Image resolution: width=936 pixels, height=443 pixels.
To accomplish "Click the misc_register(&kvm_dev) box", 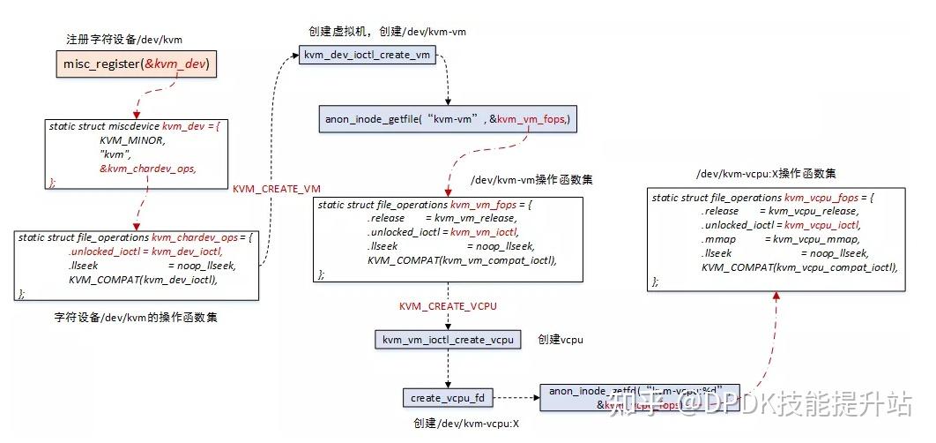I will click(x=136, y=64).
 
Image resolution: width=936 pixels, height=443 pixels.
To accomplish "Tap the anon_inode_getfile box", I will click(x=449, y=119).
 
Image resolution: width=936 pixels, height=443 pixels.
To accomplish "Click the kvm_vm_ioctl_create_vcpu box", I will click(x=448, y=340).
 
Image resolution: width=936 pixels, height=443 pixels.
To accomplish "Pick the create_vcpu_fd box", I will click(x=447, y=398).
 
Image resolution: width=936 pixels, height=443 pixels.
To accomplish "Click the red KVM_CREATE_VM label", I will click(x=276, y=189).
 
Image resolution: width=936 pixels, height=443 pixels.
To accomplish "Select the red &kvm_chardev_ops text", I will click(x=147, y=168).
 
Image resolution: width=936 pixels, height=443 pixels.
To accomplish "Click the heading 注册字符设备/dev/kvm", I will click(x=124, y=40).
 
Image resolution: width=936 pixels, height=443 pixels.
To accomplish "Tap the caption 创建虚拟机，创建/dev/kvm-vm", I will click(x=384, y=31).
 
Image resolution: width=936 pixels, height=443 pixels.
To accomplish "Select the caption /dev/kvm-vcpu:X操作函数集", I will click(x=766, y=173).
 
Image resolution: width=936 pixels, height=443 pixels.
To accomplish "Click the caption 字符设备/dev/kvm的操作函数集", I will click(x=136, y=316).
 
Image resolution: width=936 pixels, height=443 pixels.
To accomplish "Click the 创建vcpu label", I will click(x=561, y=340).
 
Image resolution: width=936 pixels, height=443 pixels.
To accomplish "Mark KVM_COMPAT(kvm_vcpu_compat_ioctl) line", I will click(x=799, y=267).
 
